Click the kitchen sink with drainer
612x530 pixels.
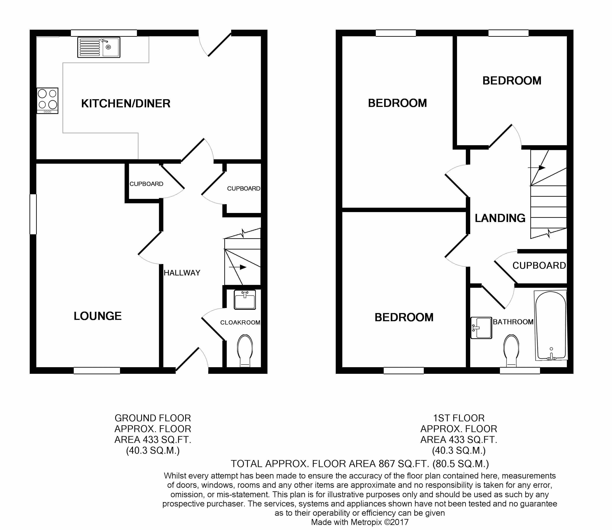click(99, 47)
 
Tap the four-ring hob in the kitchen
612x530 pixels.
click(47, 101)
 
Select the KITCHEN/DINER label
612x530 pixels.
click(126, 104)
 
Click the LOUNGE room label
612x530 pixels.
click(98, 316)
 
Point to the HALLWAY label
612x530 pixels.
click(182, 273)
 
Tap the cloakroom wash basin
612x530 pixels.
click(245, 300)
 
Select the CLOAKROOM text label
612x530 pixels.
click(240, 322)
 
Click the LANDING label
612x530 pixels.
click(500, 218)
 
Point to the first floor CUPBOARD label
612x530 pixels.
click(539, 266)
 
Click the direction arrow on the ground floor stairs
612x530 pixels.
click(238, 267)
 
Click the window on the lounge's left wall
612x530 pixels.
click(33, 214)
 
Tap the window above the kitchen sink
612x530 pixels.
click(104, 33)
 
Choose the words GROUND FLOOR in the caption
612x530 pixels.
click(153, 418)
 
